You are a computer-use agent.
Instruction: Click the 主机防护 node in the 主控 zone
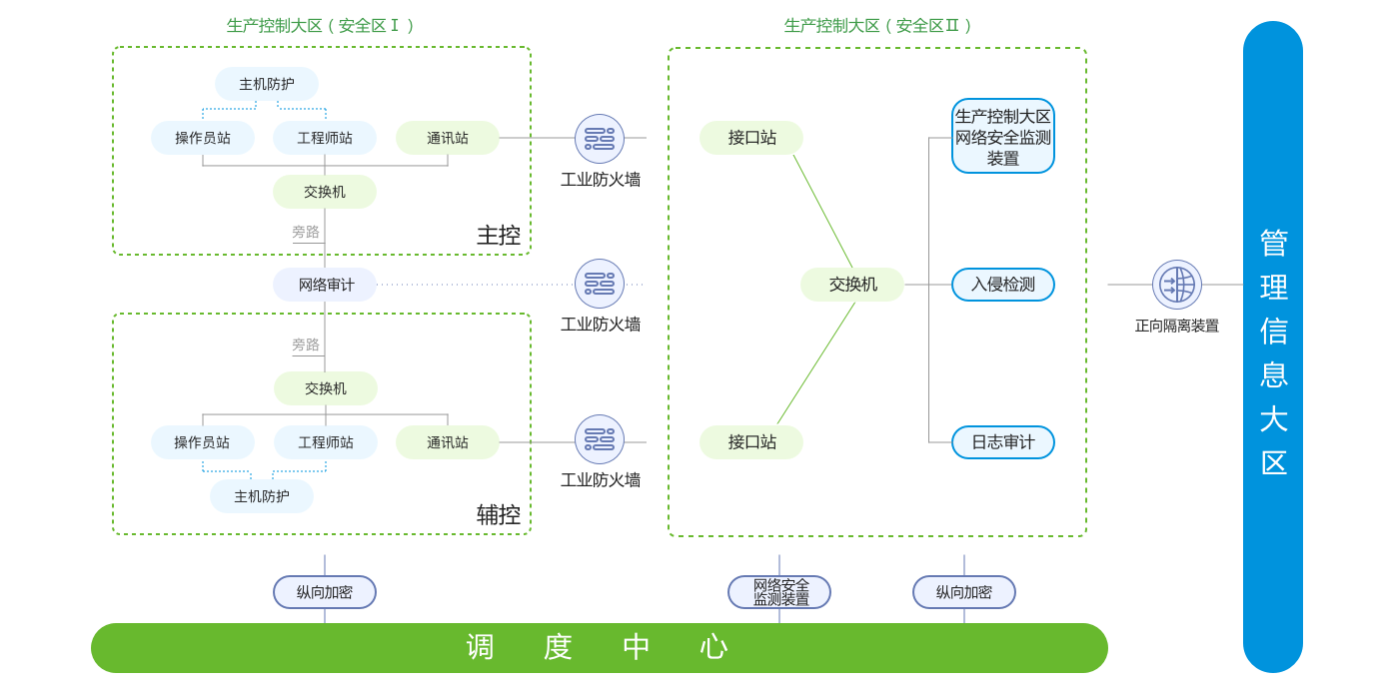coord(267,84)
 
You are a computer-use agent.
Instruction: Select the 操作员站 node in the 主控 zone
coord(203,138)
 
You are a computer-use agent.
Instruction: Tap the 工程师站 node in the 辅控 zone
coord(326,442)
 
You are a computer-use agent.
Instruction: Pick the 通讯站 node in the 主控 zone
coord(448,138)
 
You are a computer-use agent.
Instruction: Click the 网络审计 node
coord(326,285)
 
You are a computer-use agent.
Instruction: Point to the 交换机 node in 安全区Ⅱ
coord(852,285)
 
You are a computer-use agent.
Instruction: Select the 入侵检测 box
coord(1002,285)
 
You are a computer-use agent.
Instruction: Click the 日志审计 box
coord(1002,442)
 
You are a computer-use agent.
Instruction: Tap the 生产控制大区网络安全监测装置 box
coord(1002,137)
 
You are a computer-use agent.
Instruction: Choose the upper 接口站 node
coord(751,138)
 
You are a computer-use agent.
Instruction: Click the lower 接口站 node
coord(751,442)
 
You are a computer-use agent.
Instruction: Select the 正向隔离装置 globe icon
coord(1176,285)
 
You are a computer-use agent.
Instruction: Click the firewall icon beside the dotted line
coord(600,285)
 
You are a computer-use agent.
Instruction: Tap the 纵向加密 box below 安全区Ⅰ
coord(325,592)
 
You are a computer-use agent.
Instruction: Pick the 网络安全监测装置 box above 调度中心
coord(779,592)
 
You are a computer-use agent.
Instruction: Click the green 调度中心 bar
coord(599,648)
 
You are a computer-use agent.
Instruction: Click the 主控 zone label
coord(499,236)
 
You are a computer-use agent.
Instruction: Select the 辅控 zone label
coord(499,515)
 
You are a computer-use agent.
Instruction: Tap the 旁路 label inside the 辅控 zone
coord(306,345)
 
